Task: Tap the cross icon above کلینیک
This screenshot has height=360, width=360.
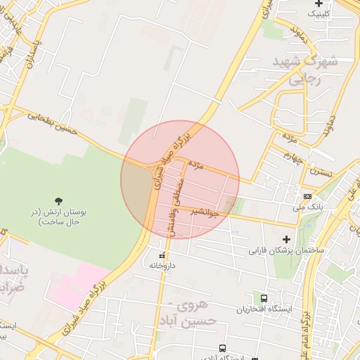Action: tap(319, 4)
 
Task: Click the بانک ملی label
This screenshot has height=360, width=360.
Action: tap(308, 207)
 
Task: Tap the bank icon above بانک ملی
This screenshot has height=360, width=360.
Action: tap(307, 196)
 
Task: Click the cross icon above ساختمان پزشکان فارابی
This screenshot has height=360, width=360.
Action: tap(285, 239)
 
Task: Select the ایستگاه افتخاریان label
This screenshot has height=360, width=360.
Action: tap(264, 309)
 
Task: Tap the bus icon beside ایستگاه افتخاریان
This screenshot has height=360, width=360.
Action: tap(264, 298)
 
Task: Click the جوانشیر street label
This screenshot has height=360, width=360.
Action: tap(205, 212)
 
